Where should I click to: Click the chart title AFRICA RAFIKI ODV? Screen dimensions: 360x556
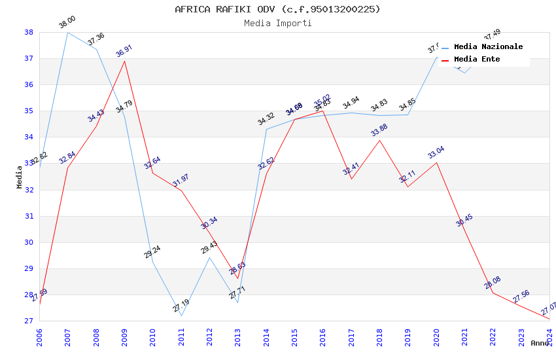click(277, 9)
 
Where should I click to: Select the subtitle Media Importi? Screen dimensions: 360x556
click(277, 23)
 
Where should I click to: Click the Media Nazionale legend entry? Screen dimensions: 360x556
click(488, 46)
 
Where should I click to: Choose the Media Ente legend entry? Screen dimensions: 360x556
click(477, 59)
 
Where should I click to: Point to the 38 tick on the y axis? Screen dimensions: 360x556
click(29, 32)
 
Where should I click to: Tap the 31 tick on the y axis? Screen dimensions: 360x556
click(29, 216)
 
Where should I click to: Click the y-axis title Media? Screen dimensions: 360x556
click(20, 177)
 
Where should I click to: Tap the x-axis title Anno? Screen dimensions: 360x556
click(540, 343)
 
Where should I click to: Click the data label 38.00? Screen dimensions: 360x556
click(67, 23)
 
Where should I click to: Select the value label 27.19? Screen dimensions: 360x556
click(181, 306)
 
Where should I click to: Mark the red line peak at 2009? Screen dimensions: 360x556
click(124, 61)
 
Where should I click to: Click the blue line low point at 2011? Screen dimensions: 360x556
click(181, 315)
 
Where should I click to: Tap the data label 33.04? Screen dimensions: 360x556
click(436, 153)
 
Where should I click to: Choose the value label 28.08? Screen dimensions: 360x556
click(493, 283)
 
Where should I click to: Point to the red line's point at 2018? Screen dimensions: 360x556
click(379, 140)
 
